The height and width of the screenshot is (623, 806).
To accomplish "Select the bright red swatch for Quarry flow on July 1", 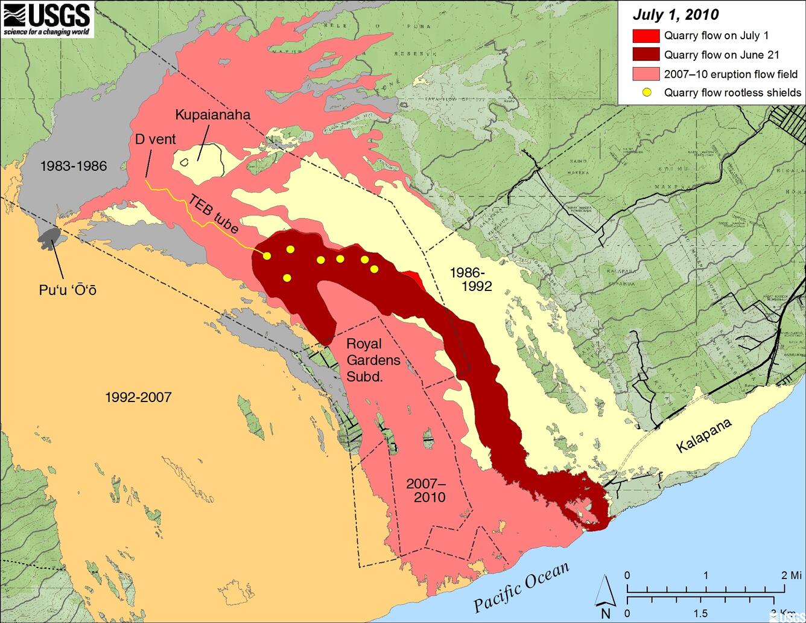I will [x=645, y=35].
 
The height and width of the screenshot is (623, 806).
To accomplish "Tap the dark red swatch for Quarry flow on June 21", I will [x=645, y=55].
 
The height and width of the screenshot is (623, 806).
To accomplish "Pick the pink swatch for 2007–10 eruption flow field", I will [x=645, y=74].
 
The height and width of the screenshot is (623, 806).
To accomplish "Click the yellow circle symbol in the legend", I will [x=646, y=93].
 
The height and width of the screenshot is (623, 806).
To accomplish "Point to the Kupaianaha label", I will [x=212, y=115].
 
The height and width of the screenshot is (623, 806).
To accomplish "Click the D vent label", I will [x=155, y=139].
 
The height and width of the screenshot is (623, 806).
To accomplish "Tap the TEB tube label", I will [x=214, y=214].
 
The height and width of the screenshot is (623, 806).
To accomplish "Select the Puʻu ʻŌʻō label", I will [x=68, y=290].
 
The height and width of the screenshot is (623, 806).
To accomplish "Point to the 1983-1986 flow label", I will [x=74, y=166].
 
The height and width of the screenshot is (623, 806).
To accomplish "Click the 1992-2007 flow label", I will [x=138, y=397].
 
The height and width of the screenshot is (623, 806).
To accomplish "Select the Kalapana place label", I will [x=703, y=435].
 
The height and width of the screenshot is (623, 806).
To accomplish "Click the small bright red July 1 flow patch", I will [x=414, y=276].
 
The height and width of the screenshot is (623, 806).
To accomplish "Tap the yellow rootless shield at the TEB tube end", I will [x=267, y=256].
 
